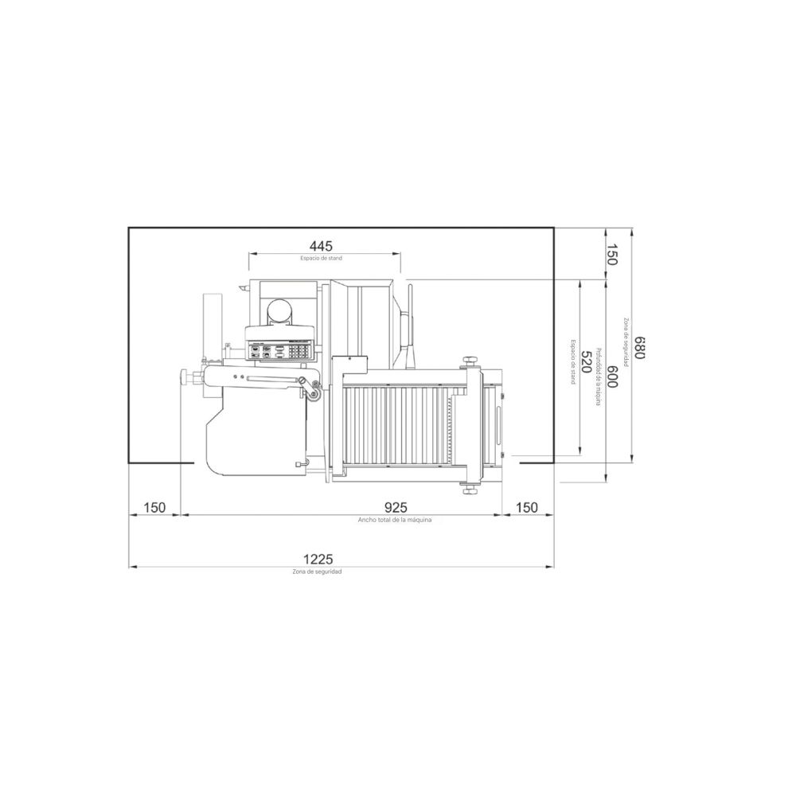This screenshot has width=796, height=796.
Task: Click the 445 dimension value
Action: click(x=322, y=246)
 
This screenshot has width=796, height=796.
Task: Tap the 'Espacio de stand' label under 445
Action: click(x=322, y=259)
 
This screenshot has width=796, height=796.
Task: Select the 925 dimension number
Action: click(x=396, y=507)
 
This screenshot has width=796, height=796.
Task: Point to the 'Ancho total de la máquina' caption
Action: click(x=395, y=520)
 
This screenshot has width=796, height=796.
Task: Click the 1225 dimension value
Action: click(x=318, y=559)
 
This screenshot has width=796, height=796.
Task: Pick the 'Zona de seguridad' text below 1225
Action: click(x=317, y=572)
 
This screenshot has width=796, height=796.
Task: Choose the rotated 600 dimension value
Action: click(x=611, y=377)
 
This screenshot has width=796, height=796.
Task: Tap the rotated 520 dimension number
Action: click(x=586, y=361)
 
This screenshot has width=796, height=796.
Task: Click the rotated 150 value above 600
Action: click(x=611, y=255)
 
